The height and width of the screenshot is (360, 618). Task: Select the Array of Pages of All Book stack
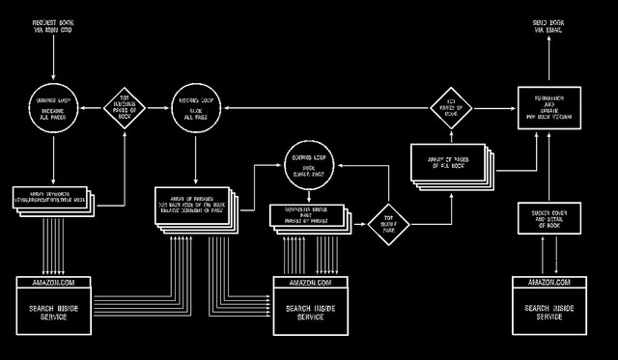(449, 164)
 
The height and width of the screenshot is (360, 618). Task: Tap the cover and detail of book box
(548, 217)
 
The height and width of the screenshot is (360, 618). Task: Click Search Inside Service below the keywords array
(53, 312)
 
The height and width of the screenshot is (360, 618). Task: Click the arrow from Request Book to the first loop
(53, 56)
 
